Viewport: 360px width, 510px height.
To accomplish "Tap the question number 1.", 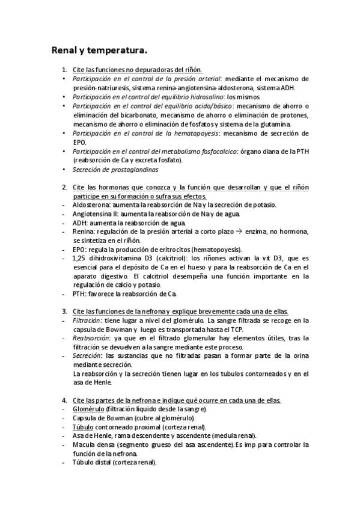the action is [64, 70].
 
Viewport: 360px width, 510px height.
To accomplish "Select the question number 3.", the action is [64, 311].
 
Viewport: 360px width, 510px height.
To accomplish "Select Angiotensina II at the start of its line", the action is [94, 214].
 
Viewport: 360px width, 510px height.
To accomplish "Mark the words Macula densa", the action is [92, 444].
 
